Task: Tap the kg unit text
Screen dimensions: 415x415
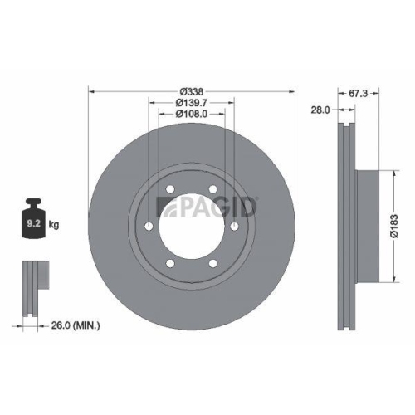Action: click(54, 223)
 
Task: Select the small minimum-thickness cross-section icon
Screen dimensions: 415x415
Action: click(31, 286)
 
